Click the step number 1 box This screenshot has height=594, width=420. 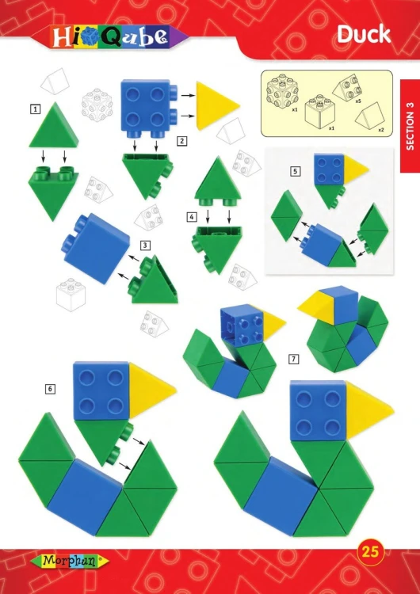click(35, 109)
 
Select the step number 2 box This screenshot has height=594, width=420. click(182, 141)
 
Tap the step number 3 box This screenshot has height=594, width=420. click(145, 245)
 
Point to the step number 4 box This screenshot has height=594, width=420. click(192, 217)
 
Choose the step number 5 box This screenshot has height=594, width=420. click(296, 172)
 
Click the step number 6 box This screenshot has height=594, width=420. click(50, 389)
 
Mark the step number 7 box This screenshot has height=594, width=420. click(293, 359)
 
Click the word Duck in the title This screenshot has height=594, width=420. click(364, 35)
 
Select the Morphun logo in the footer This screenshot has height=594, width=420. click(70, 561)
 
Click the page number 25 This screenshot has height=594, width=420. click(370, 551)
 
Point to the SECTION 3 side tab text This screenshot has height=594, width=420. click(410, 126)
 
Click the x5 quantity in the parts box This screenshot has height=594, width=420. click(357, 101)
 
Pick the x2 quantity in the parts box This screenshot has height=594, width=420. click(380, 130)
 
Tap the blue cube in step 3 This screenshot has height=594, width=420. click(96, 248)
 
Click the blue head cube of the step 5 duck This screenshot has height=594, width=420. click(329, 169)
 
